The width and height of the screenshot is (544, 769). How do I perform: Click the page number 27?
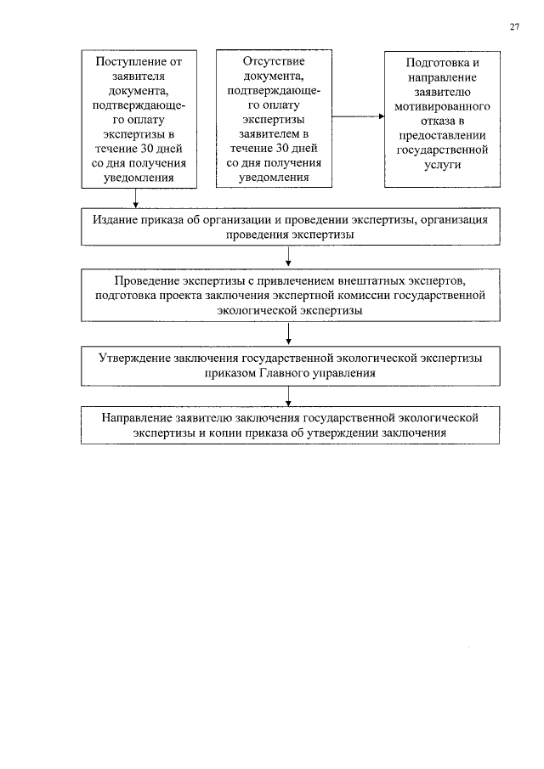point(513,26)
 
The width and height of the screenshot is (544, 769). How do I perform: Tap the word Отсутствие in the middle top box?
point(274,61)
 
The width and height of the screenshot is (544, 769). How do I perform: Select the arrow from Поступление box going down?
point(135,197)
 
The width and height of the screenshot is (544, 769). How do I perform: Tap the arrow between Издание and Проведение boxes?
point(291,255)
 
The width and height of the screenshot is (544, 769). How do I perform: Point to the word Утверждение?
point(135,358)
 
